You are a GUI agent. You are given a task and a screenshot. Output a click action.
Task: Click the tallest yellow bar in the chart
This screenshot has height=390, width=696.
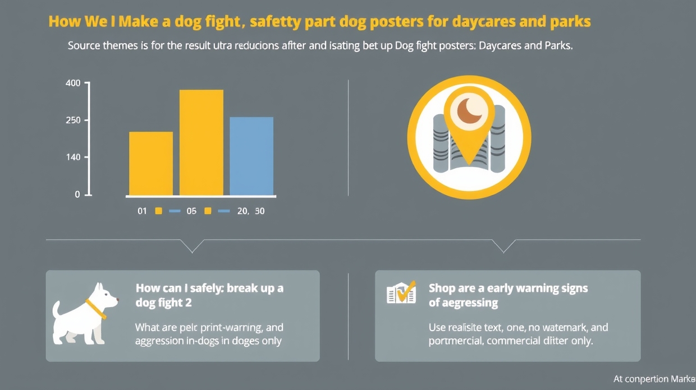click(x=201, y=142)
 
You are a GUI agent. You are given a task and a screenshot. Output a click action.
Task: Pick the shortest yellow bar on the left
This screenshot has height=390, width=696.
click(x=151, y=163)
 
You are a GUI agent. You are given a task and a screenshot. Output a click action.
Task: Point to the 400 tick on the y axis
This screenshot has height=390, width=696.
click(x=74, y=83)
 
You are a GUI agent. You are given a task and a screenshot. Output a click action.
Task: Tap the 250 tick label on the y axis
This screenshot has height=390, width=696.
click(x=74, y=120)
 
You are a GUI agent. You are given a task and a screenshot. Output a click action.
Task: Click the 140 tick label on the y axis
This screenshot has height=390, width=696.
click(x=74, y=157)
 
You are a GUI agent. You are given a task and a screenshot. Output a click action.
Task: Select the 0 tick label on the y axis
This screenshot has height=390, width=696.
click(x=77, y=194)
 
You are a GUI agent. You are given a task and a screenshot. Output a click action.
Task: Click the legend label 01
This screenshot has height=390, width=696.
click(x=141, y=211)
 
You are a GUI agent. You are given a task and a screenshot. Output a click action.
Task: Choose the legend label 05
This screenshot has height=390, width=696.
click(x=191, y=211)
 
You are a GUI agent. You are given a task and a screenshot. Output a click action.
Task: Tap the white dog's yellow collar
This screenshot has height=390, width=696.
click(x=96, y=309)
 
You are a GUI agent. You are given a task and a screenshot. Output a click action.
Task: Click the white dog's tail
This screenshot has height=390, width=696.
click(x=57, y=310)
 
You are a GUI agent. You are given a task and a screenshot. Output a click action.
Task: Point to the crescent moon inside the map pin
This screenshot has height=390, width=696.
click(x=470, y=109)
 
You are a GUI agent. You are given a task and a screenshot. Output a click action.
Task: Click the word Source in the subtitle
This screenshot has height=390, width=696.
click(x=85, y=46)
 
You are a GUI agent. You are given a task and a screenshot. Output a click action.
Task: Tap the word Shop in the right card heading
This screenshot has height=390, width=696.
click(x=442, y=289)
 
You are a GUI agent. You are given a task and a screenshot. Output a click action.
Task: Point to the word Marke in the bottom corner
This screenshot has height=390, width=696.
click(x=683, y=379)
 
